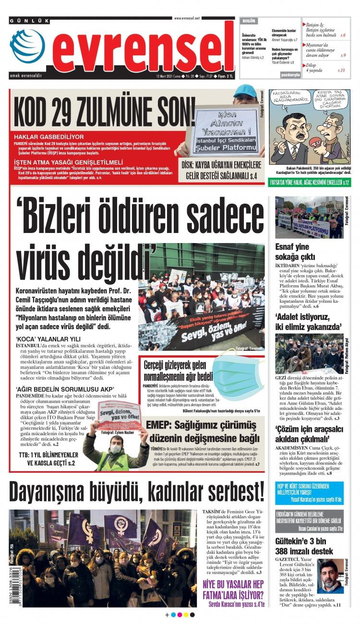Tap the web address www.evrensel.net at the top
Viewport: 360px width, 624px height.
coord(187,18)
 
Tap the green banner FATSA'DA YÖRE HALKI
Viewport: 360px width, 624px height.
coord(310,183)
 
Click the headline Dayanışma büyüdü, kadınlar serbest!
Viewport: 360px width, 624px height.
coord(136,491)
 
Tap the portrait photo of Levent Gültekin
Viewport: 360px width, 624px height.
coord(330,576)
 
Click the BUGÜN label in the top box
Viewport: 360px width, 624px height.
coord(249,22)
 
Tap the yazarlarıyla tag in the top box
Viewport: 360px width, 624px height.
coord(290,75)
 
